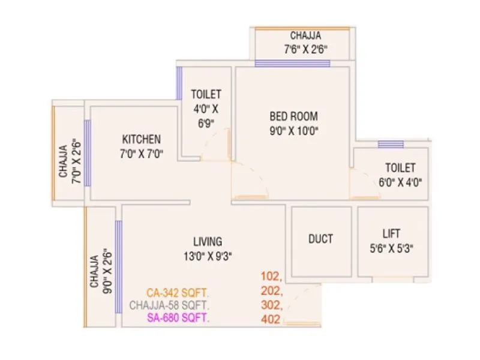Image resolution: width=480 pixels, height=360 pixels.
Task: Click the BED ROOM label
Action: coord(293,116)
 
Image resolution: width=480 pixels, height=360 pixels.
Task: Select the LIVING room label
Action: coord(208,242)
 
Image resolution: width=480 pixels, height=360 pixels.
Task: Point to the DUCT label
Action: coord(321,238)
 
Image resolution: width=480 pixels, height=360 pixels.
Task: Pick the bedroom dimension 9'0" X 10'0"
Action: coord(293,132)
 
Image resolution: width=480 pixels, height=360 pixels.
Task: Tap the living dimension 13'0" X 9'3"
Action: coord(208,256)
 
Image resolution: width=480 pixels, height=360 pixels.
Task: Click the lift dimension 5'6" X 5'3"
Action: coord(393,247)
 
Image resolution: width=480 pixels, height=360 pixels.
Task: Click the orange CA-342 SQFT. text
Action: coord(178,293)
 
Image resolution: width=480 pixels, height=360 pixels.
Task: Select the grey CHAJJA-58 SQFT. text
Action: coord(169,305)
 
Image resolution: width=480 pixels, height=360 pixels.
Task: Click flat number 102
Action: coord(272,277)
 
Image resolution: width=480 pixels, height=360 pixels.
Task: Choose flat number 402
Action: coord(271,319)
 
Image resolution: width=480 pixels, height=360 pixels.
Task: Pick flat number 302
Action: coord(272,305)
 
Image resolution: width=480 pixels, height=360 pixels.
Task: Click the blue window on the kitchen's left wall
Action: coord(87,152)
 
